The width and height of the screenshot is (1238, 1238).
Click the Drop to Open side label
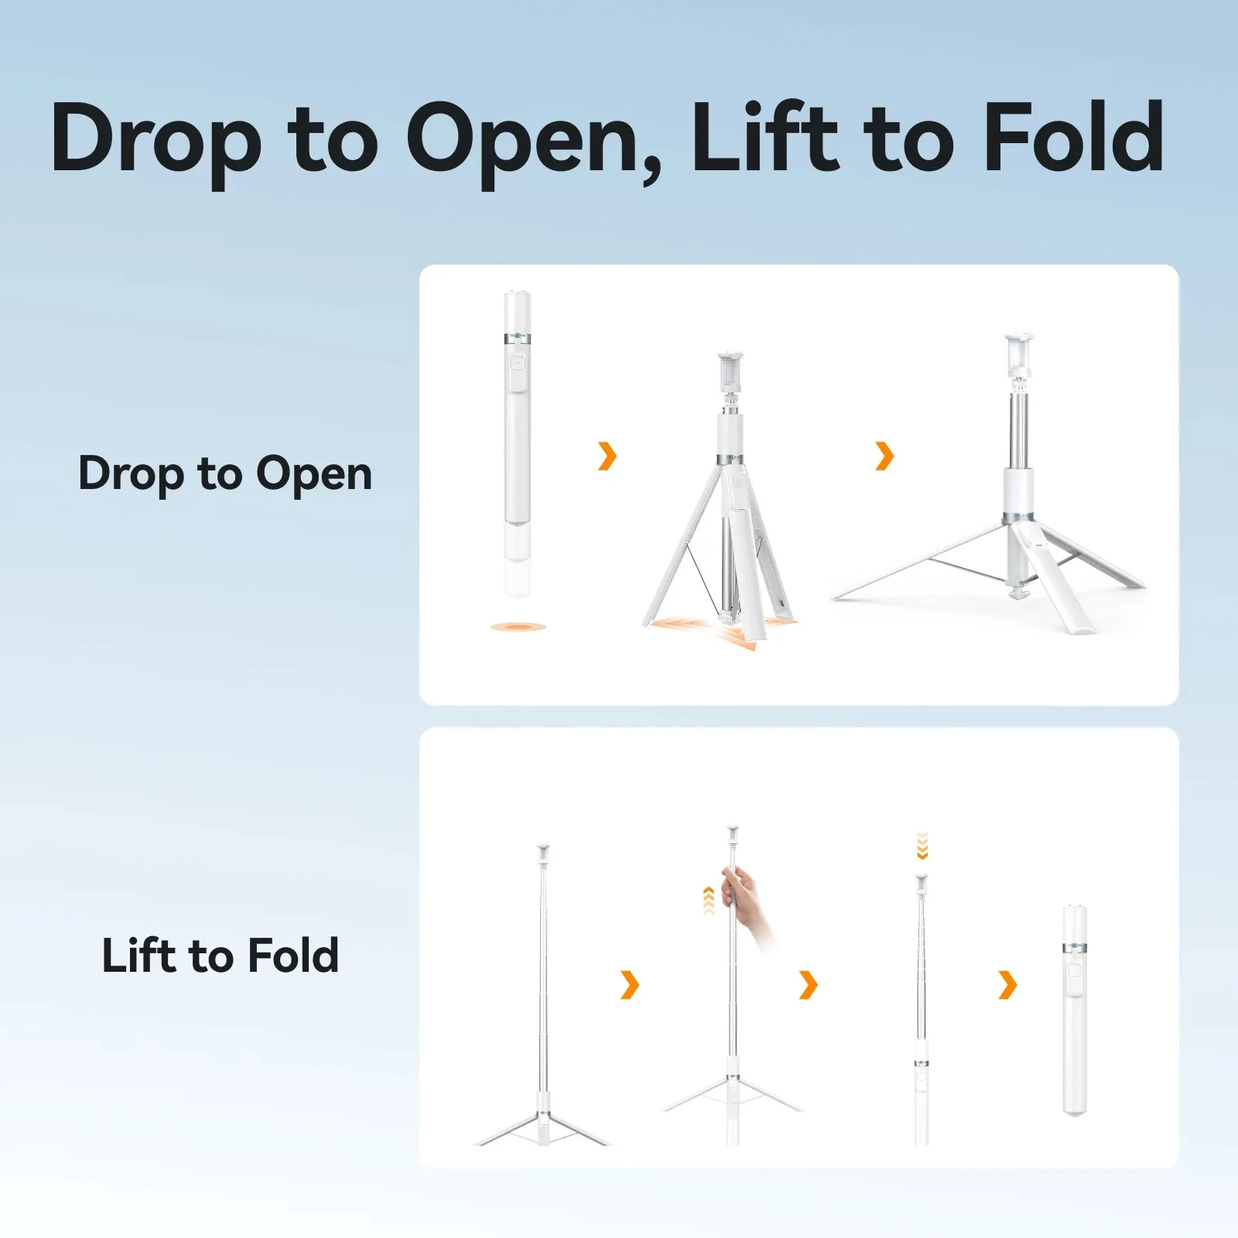coord(225,474)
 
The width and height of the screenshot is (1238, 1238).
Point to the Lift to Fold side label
coord(221,955)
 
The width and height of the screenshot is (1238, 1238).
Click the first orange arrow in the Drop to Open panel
coord(607,456)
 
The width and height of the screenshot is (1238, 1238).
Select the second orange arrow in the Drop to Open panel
coord(884,456)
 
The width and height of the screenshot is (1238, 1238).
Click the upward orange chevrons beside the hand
coord(708,901)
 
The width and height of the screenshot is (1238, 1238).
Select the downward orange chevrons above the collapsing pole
coord(922,846)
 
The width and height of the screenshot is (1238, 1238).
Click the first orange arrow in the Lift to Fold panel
coord(630,985)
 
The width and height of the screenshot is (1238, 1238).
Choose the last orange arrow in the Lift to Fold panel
coord(1007,985)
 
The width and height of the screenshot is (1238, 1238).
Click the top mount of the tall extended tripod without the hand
coord(543,855)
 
